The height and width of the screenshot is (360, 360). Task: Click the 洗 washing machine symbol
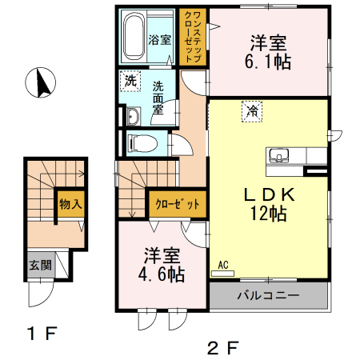[129, 81]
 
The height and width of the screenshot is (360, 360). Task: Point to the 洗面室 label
[158, 98]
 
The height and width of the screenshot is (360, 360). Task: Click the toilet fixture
[144, 142]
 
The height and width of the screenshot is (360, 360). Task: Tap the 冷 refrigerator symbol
[253, 110]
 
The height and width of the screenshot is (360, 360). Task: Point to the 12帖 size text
[268, 214]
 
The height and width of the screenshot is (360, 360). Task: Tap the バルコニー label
[268, 296]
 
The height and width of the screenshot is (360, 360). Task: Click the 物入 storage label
[70, 203]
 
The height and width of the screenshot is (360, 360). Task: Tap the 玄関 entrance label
[40, 266]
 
